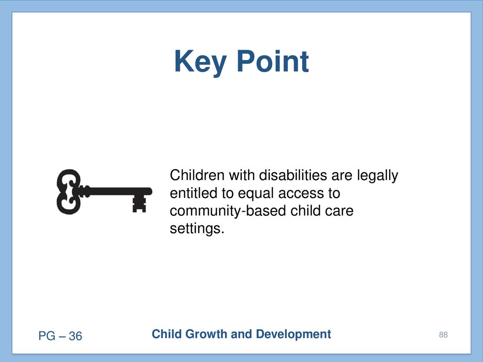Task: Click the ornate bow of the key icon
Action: pyautogui.click(x=68, y=191)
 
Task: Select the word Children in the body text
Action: pyautogui.click(x=197, y=175)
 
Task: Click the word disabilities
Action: pyautogui.click(x=292, y=175)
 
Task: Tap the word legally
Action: pyautogui.click(x=378, y=176)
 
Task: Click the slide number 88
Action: pyautogui.click(x=443, y=335)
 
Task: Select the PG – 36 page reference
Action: pyautogui.click(x=60, y=336)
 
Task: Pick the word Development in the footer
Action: pyautogui.click(x=293, y=335)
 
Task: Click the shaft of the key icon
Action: pyautogui.click(x=117, y=191)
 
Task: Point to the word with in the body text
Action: pyautogui.click(x=241, y=175)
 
